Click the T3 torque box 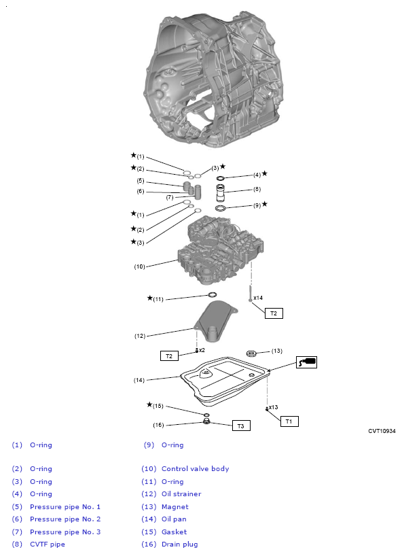coord(241,426)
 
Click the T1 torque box coord(289,421)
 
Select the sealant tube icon coord(306,362)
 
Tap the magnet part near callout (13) coord(251,353)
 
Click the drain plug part coord(207,421)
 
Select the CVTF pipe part coord(220,192)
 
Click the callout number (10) coord(139,266)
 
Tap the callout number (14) coord(139,380)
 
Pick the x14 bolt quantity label coord(258,298)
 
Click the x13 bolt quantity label coord(273,407)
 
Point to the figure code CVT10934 coord(382,431)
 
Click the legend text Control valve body coord(195,469)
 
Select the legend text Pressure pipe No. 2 coord(65,519)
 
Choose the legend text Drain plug coord(180,544)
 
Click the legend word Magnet coord(175,507)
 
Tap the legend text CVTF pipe coord(48,544)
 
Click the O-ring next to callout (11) coord(212,294)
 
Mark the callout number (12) coord(140,336)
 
